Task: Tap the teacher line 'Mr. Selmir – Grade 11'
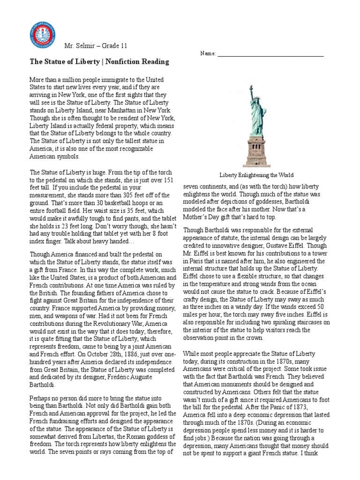[x=96, y=46]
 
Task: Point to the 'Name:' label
[x=208, y=54]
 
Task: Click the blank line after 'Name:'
[x=270, y=55]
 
